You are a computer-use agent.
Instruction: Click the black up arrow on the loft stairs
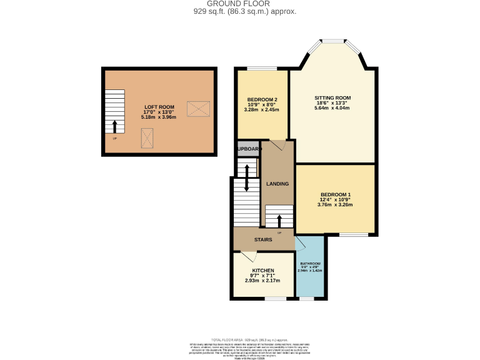[114, 127]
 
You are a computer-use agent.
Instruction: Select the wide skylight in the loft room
[198, 109]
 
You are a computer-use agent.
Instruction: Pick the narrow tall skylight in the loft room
[148, 137]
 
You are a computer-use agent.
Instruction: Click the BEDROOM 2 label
[262, 100]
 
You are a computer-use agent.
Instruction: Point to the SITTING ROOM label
[332, 98]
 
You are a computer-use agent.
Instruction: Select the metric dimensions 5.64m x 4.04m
[332, 107]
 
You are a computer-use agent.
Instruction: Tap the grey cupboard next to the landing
[247, 149]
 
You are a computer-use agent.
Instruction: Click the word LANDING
[277, 184]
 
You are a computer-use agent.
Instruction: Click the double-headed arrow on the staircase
[247, 177]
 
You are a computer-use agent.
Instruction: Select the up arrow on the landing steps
[279, 221]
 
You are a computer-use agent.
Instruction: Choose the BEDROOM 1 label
[335, 195]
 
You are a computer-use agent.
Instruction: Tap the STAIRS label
[262, 239]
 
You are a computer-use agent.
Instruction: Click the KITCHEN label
[262, 271]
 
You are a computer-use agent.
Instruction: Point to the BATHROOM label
[310, 264]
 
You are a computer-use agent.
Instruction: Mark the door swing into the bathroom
[300, 243]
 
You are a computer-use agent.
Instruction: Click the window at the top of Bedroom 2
[261, 68]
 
